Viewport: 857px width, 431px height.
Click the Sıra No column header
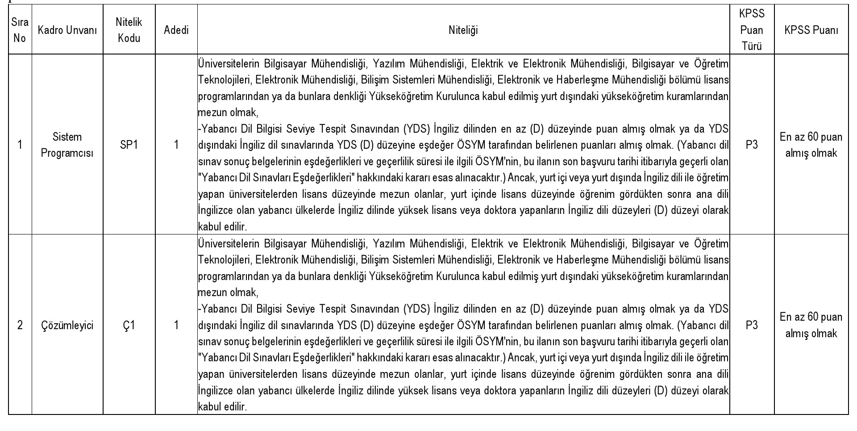20,30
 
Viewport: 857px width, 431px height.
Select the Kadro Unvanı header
67,30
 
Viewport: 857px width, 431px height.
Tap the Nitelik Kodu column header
129,30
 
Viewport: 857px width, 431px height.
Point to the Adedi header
176,30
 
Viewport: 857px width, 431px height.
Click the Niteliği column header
463,30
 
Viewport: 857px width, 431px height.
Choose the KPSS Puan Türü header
752,30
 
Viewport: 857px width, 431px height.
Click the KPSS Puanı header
811,30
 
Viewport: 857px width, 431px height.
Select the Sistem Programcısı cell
67,145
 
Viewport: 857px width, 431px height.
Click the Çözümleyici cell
67,325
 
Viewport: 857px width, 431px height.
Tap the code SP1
129,145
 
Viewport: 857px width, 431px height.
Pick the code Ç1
129,325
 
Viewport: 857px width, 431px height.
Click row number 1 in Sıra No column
20,145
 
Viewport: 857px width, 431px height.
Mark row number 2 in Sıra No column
20,325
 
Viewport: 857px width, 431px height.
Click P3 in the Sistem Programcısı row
752,145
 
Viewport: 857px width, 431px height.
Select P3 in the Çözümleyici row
752,325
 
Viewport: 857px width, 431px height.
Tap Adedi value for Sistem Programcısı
176,145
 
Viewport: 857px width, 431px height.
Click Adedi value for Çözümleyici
176,325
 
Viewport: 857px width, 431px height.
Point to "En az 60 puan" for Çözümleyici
811,317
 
